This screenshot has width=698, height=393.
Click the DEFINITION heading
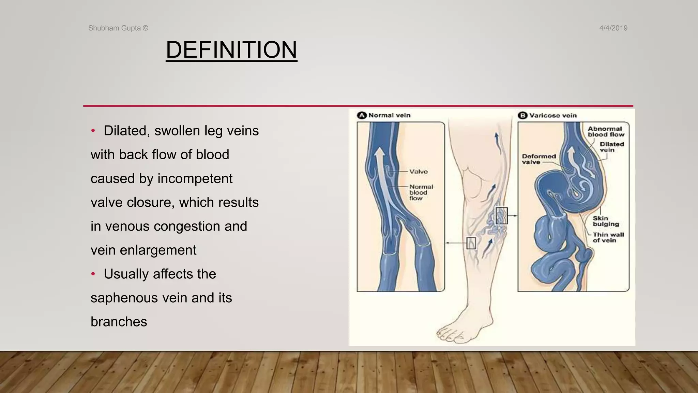point(231,50)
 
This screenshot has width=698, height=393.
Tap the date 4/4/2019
point(613,28)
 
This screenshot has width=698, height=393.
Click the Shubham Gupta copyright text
point(118,28)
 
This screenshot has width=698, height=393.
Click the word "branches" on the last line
point(119,322)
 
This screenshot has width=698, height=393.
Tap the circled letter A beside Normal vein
point(362,115)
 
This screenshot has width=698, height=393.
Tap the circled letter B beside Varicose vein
point(522,115)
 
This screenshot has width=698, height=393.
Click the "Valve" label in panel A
point(418,172)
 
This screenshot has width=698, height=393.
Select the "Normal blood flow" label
point(421,192)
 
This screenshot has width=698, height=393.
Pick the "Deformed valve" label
point(538,159)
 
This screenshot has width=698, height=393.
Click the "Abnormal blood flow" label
point(606,131)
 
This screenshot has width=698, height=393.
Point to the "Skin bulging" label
point(605,221)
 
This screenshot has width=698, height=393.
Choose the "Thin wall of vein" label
point(608,237)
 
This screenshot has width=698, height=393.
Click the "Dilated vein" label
point(611,147)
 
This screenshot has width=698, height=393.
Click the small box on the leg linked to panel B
point(501,216)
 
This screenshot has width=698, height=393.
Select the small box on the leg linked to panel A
point(471,243)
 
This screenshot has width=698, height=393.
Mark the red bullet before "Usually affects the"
point(93,274)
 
